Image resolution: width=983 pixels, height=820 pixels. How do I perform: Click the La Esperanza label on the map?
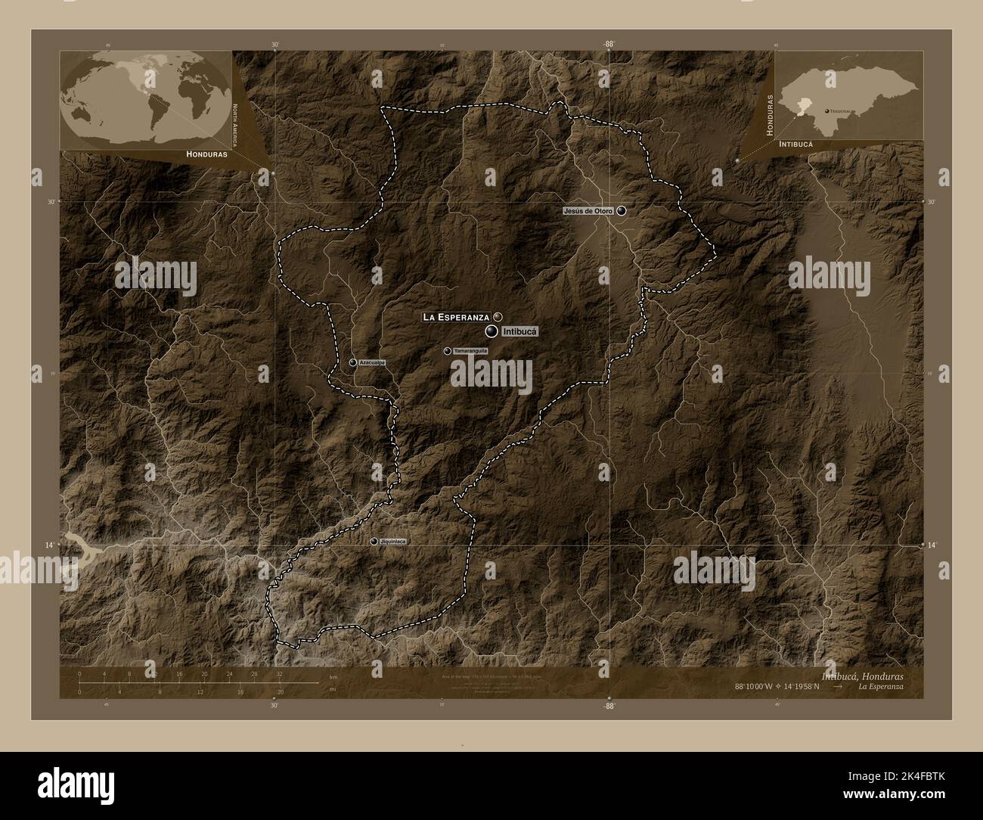456,316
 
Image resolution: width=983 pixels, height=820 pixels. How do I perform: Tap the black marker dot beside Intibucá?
491,331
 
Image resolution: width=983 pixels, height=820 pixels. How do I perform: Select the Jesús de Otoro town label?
588,210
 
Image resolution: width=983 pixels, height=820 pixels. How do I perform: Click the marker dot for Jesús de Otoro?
622,210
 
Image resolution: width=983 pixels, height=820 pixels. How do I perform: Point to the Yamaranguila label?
470,351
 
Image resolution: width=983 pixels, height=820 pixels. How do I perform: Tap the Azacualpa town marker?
353,362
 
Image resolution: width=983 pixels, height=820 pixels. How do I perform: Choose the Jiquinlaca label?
394,542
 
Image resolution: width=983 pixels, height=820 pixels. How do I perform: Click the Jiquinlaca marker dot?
374,541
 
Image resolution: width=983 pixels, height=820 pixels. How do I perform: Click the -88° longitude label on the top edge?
608,45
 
